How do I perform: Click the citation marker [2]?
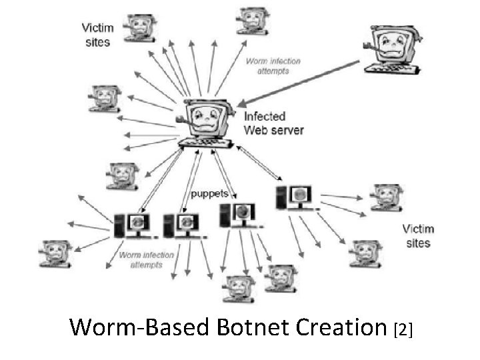click(404, 329)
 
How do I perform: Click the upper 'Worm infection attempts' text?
click(273, 66)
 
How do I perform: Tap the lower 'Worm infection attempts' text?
click(146, 259)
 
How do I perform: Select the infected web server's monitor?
click(206, 117)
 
